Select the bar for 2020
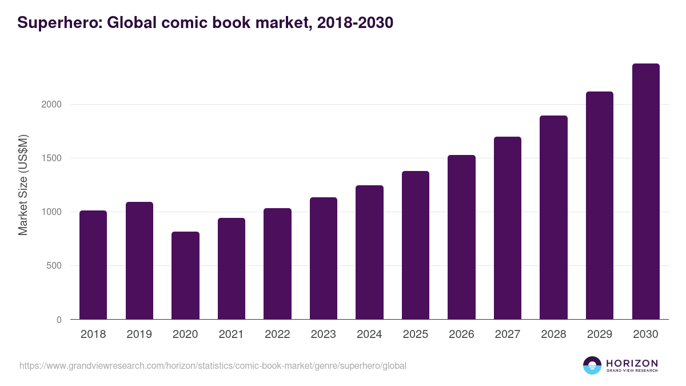click(185, 276)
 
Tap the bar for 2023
click(324, 258)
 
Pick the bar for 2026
click(461, 237)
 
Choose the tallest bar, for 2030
click(645, 192)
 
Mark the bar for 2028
click(553, 217)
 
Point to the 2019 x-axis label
click(139, 335)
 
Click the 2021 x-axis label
click(231, 335)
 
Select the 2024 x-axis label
click(369, 335)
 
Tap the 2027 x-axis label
click(508, 335)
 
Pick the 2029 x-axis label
click(600, 335)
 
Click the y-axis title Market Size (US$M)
click(23, 185)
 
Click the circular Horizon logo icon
click(592, 365)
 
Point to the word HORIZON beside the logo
click(632, 363)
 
